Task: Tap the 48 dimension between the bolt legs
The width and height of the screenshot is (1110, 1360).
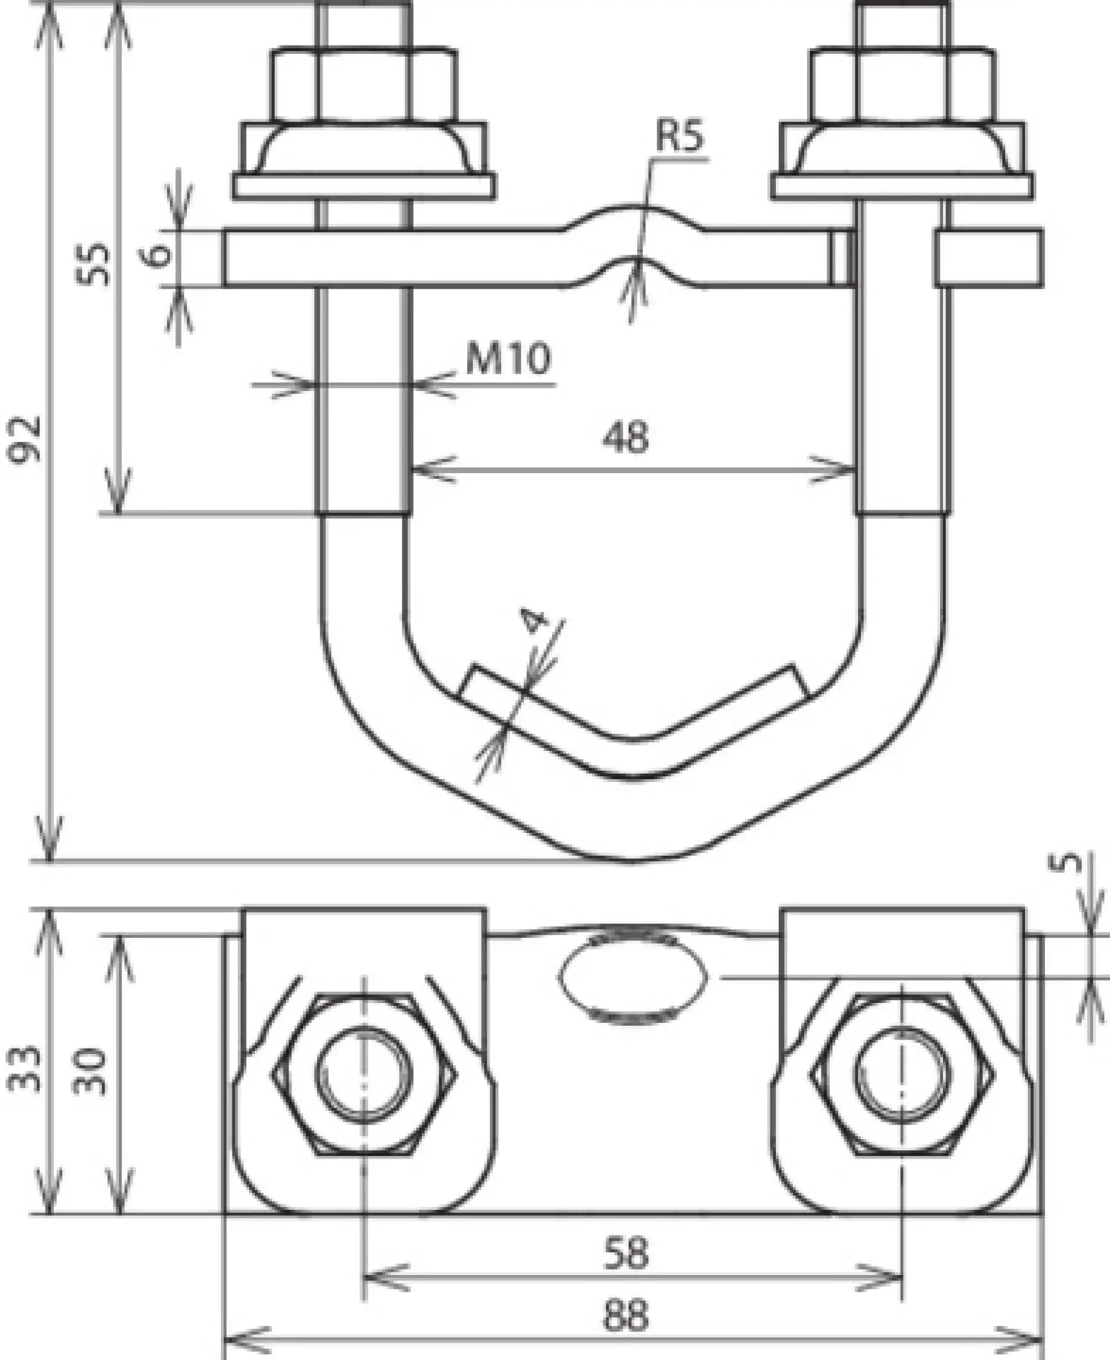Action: pyautogui.click(x=625, y=438)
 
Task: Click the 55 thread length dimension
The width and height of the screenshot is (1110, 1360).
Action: pyautogui.click(x=93, y=264)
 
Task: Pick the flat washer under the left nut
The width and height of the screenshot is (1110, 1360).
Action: pyautogui.click(x=363, y=185)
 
